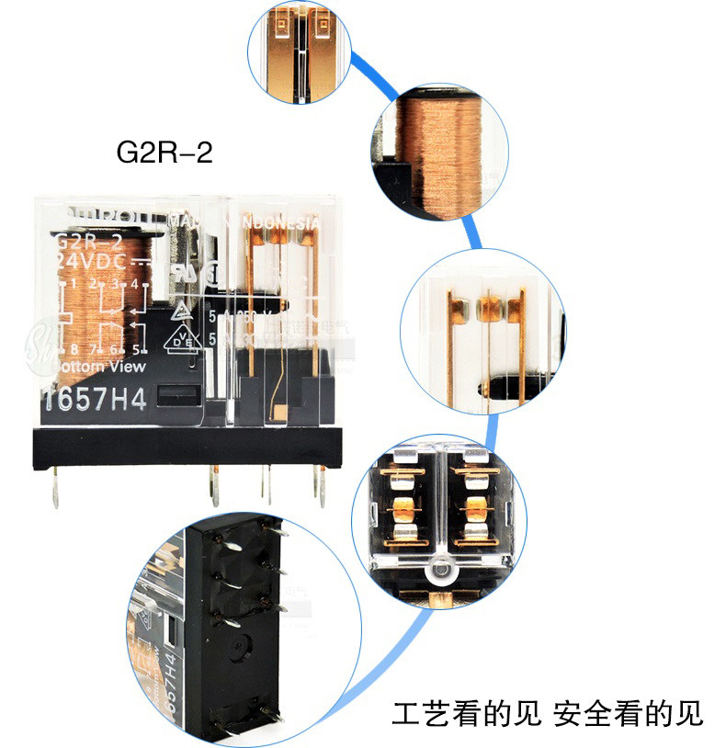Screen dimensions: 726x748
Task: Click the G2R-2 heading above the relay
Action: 164,152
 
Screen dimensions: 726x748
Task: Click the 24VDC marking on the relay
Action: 92,262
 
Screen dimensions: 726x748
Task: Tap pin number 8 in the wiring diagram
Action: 72,350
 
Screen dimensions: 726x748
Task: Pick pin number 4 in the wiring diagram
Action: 134,283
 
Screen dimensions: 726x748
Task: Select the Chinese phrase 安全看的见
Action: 629,713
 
